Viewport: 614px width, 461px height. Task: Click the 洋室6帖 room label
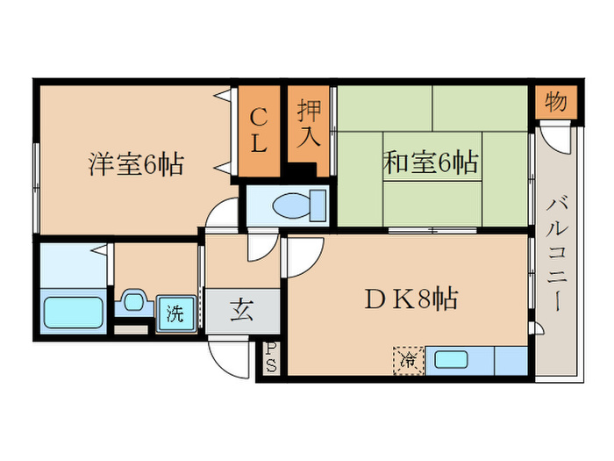tap(136, 164)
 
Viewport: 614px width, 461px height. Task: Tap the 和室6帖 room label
tap(432, 162)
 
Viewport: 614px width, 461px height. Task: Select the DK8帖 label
tap(411, 299)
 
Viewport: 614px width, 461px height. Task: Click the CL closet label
tap(259, 131)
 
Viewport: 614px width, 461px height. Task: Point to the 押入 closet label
tap(309, 124)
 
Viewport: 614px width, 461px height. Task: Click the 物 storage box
tap(556, 102)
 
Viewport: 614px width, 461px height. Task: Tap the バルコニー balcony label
tap(556, 255)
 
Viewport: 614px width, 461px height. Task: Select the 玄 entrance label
tap(242, 311)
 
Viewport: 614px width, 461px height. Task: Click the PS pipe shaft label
tap(271, 358)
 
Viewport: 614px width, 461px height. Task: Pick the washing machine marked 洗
tap(175, 313)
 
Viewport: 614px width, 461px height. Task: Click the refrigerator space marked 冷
tap(409, 360)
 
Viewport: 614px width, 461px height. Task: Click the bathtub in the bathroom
tap(73, 313)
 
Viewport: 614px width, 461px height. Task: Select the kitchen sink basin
tap(452, 359)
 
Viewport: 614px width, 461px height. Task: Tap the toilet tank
tap(318, 205)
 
